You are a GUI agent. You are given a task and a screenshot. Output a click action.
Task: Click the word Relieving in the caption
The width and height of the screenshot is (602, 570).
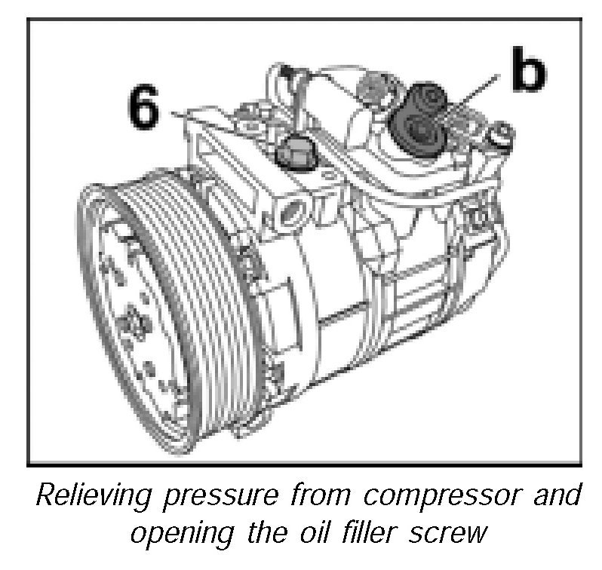[x=88, y=497]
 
